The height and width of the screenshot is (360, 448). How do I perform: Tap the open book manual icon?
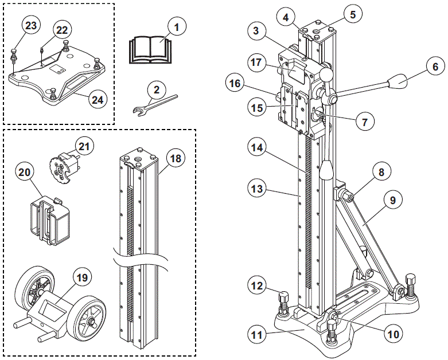pyautogui.click(x=149, y=48)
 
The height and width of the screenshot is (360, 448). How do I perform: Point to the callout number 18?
pyautogui.click(x=176, y=158)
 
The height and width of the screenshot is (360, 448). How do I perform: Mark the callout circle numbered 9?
pyautogui.click(x=392, y=201)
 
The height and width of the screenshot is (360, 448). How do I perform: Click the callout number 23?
pyautogui.click(x=32, y=26)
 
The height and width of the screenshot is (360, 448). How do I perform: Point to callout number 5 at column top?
pyautogui.click(x=353, y=12)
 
